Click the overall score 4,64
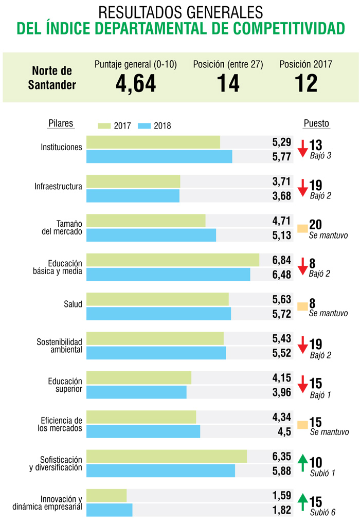[136, 83]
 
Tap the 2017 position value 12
[305, 83]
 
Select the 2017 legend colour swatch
[104, 126]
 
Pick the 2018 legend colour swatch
[145, 126]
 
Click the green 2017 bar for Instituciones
[153, 142]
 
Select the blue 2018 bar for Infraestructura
[133, 195]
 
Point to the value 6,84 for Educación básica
[282, 260]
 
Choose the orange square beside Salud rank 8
[302, 306]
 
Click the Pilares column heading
[61, 123]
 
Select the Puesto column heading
[316, 123]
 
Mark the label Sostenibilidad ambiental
[59, 346]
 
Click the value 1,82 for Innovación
[282, 510]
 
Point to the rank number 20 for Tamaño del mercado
[315, 226]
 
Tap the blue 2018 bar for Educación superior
[136, 392]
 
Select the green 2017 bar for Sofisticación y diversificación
[167, 456]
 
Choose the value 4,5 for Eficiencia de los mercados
[284, 431]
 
